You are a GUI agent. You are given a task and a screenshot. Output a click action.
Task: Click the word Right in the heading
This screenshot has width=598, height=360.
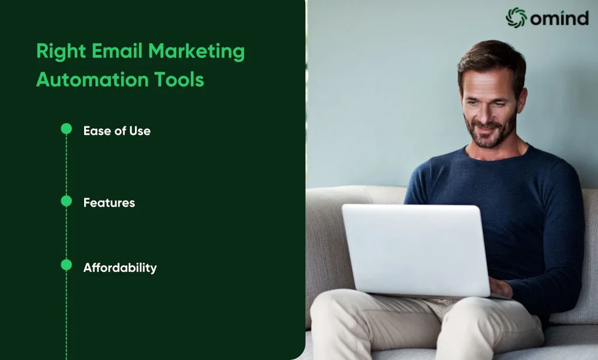61,51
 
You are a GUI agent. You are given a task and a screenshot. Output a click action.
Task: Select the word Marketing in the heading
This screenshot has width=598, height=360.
196,51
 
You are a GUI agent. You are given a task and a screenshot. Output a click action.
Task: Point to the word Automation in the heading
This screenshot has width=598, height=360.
92,79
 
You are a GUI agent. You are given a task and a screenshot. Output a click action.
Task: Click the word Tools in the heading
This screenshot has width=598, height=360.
179,79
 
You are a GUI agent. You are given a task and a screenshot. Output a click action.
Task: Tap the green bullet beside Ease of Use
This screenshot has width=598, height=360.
67,129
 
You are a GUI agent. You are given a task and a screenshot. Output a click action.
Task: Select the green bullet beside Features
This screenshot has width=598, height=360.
67,201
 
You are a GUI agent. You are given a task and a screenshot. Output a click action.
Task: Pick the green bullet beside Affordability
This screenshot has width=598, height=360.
67,265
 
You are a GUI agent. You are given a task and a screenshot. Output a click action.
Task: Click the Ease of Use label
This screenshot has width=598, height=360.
117,131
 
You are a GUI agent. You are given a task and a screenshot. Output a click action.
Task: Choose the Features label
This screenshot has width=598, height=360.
109,203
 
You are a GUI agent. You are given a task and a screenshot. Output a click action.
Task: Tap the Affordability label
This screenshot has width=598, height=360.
120,268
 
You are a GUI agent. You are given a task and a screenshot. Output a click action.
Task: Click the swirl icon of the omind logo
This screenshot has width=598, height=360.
516,18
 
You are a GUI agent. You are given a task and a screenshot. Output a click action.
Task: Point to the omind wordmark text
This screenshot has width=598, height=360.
559,18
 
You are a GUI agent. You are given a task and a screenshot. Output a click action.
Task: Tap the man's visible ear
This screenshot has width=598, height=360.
522,100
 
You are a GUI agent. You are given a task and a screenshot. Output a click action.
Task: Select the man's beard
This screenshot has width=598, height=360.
490,131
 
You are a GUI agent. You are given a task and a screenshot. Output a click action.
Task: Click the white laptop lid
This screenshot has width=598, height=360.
416,250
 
